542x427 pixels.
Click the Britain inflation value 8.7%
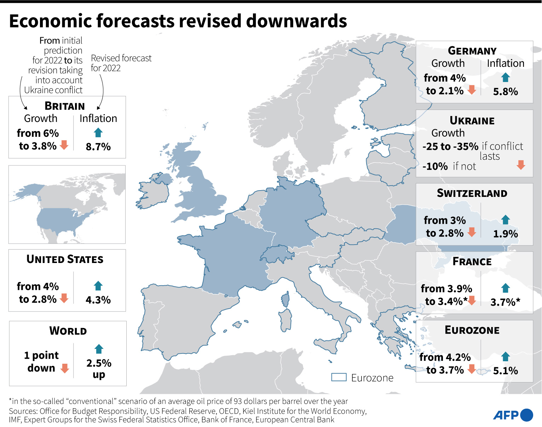click(98, 147)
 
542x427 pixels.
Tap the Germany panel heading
click(472, 51)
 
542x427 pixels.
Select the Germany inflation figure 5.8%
click(505, 92)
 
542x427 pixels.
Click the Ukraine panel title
click(472, 121)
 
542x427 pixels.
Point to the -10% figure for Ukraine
click(435, 166)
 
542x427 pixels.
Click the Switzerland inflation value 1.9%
click(505, 234)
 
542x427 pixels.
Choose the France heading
click(472, 262)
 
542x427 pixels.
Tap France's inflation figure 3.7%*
click(505, 302)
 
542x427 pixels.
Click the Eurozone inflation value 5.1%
click(505, 371)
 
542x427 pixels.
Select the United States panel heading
click(65, 259)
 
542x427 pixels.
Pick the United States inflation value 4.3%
click(98, 300)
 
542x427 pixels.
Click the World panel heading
click(68, 331)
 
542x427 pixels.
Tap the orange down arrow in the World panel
click(64, 368)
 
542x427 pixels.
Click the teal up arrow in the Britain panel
click(98, 133)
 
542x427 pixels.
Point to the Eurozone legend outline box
click(339, 377)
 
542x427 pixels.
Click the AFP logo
click(513, 415)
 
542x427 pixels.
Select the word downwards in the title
click(296, 21)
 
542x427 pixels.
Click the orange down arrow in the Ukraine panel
click(520, 165)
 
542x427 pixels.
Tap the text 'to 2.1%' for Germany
click(444, 91)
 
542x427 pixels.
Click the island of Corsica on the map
click(285, 299)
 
